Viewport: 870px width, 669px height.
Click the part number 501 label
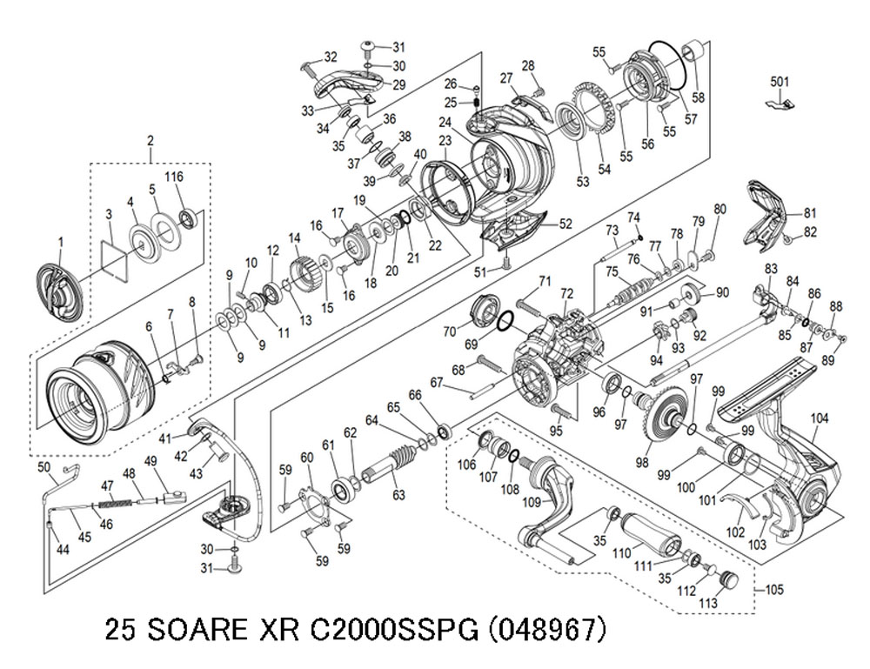click(x=780, y=82)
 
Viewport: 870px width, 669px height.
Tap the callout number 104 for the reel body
click(x=820, y=418)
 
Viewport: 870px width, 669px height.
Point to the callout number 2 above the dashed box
click(x=150, y=141)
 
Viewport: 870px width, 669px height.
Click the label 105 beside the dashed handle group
click(x=774, y=589)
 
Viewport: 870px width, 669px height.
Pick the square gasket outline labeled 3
click(x=115, y=257)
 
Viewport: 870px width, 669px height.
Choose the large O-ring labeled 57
click(x=670, y=65)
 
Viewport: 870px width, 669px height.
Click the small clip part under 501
click(x=779, y=104)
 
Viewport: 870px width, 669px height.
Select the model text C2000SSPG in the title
click(x=393, y=630)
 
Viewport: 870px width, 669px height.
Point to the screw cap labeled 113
click(x=729, y=579)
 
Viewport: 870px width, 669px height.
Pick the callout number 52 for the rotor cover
click(x=565, y=224)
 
